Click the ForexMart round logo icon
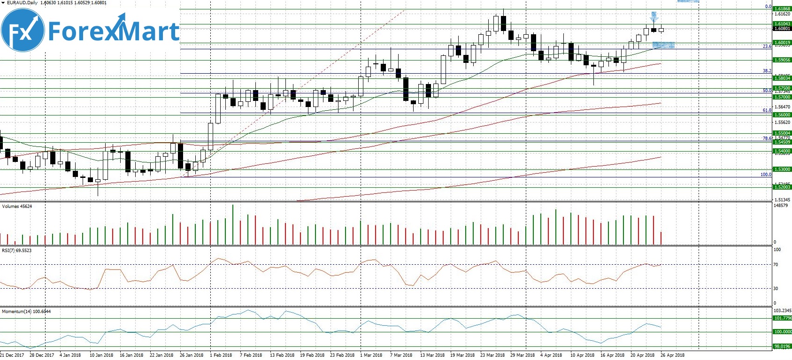click(x=23, y=31)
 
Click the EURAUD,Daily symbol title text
click(x=22, y=3)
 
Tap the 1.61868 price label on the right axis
click(x=782, y=9)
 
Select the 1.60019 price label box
click(x=782, y=43)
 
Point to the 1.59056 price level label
click(x=782, y=60)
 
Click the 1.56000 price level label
click(x=782, y=115)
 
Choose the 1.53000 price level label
click(x=782, y=169)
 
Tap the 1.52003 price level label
click(x=782, y=187)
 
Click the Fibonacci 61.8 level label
click(x=767, y=110)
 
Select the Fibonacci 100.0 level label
click(x=766, y=175)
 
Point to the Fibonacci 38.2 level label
click(x=767, y=71)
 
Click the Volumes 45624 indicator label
click(x=17, y=207)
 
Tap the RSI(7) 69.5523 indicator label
click(x=17, y=251)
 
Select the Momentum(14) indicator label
click(x=26, y=312)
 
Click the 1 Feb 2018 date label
click(x=221, y=355)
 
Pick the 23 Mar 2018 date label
click(x=492, y=355)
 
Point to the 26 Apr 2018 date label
click(x=672, y=355)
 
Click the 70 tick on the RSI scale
click(x=776, y=265)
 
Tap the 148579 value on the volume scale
click(x=781, y=206)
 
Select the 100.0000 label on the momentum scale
click(x=782, y=332)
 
